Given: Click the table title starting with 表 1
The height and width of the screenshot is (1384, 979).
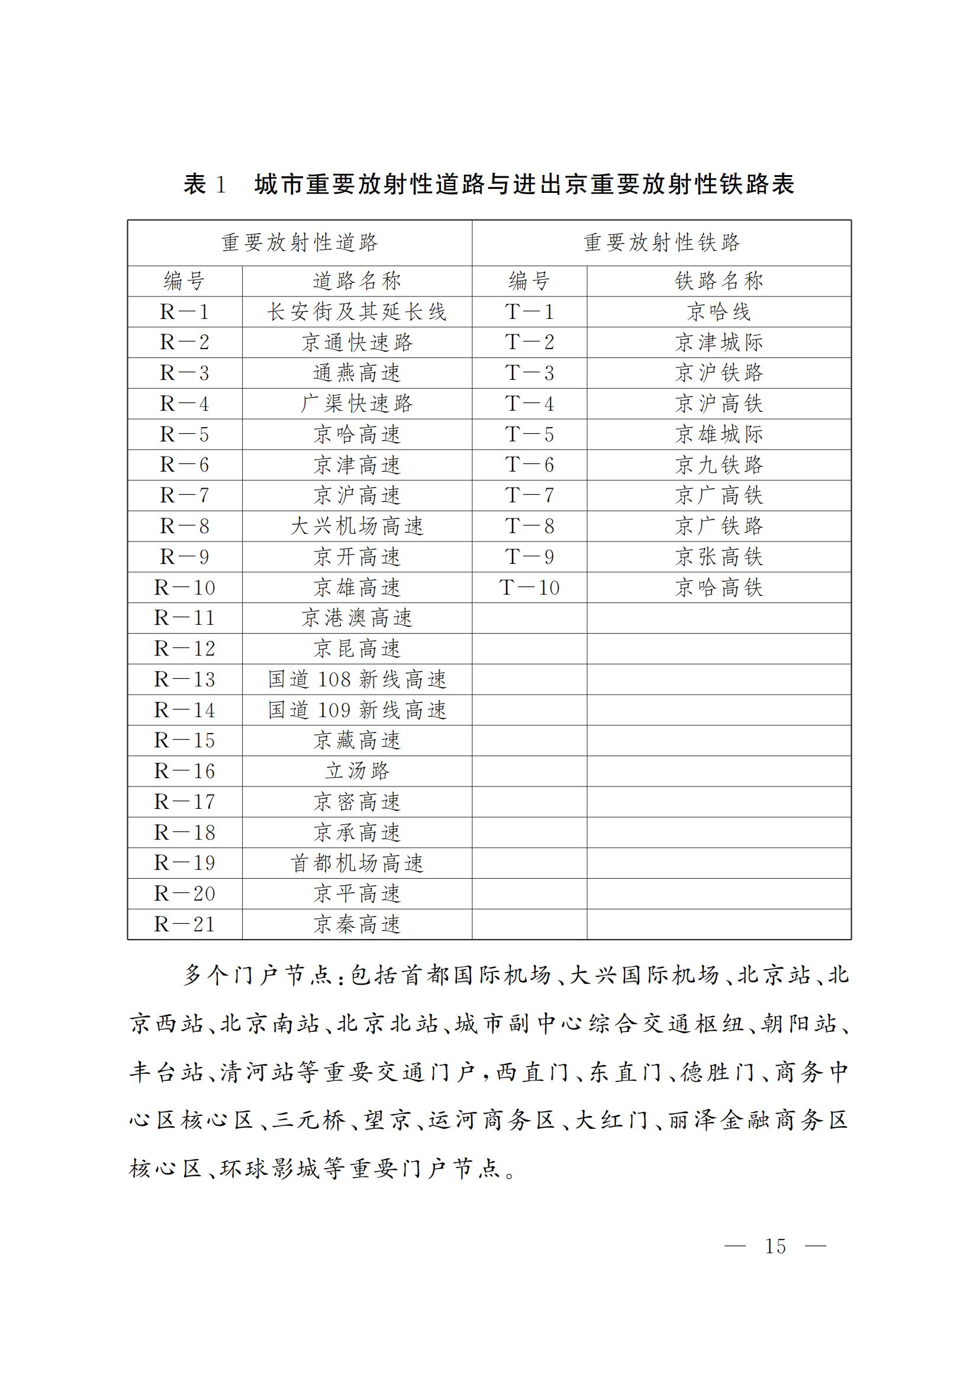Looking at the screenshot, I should (489, 185).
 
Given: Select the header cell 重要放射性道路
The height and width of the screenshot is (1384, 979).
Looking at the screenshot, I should (300, 243).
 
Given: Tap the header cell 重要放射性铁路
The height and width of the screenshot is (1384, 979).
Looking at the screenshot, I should (661, 243).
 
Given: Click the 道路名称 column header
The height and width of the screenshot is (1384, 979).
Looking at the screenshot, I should (357, 281).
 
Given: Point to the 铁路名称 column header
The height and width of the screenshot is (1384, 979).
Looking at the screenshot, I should (719, 281).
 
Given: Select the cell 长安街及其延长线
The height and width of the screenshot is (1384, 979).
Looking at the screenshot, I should (357, 312).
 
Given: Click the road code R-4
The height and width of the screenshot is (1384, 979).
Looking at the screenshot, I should (185, 404).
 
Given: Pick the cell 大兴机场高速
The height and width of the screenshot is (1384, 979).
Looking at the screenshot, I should (357, 526).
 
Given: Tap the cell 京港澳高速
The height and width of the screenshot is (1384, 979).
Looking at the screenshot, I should (357, 618).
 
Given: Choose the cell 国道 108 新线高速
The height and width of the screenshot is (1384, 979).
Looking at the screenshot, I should (357, 679).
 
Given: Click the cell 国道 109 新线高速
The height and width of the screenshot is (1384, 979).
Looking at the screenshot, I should (357, 710).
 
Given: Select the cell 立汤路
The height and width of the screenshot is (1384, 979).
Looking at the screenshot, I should (357, 771).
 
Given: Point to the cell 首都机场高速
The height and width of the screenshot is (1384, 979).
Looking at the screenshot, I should (357, 863).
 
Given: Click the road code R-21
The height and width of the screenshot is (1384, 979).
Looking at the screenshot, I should (185, 924).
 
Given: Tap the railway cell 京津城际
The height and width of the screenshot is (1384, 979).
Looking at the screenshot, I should (719, 343).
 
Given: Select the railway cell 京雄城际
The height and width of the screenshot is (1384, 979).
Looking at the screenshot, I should (719, 434).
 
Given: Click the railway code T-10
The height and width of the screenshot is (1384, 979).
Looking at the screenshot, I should (529, 587).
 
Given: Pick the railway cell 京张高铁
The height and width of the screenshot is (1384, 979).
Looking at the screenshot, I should (719, 556).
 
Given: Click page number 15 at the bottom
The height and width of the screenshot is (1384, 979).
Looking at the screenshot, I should (775, 1246).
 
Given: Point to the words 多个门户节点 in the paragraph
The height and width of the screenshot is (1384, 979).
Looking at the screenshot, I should (257, 975).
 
